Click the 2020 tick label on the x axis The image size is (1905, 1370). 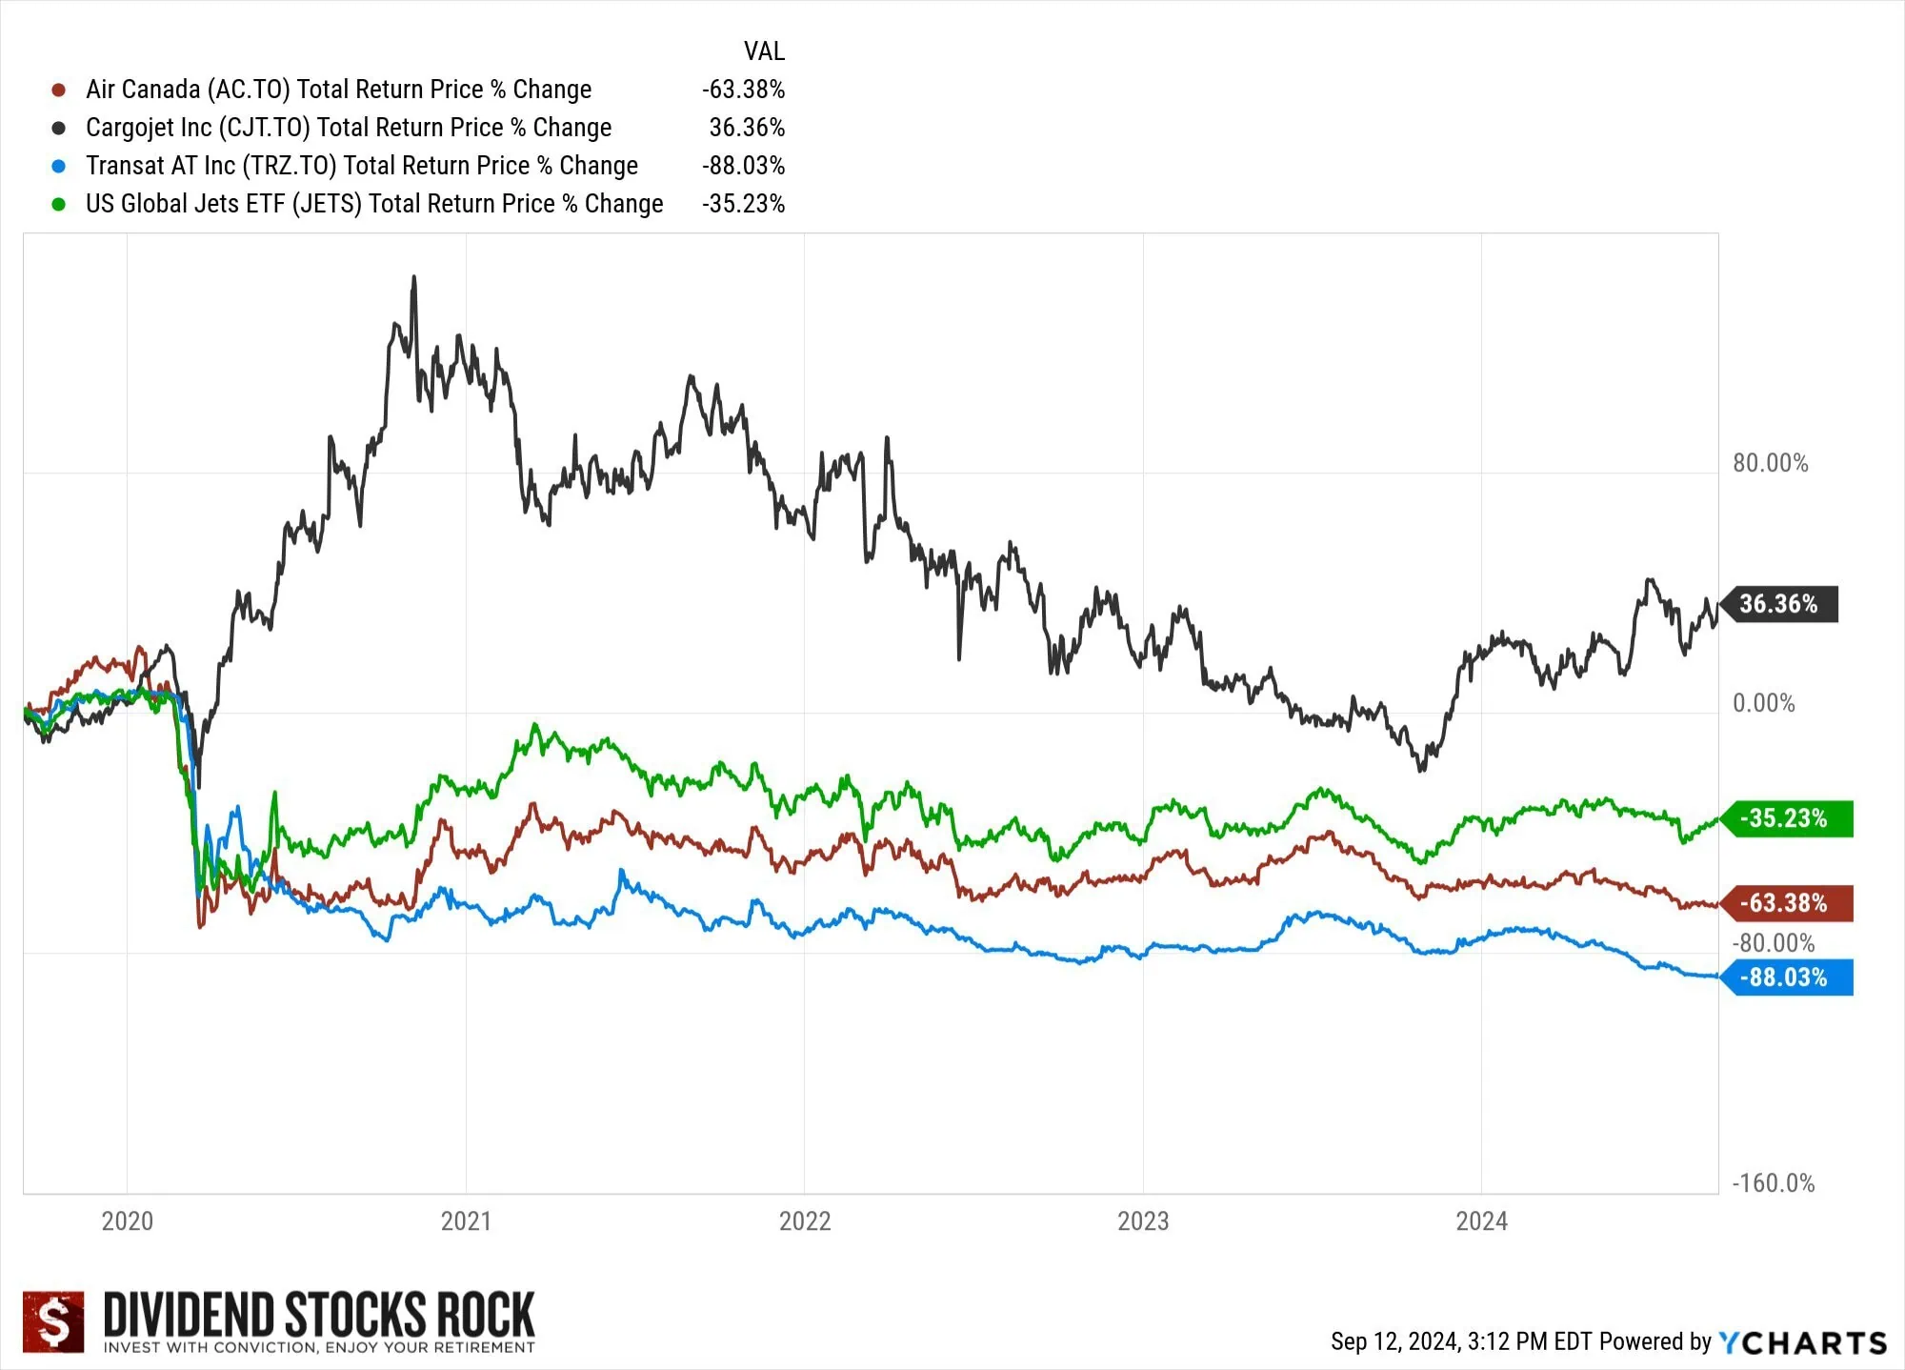tap(127, 1221)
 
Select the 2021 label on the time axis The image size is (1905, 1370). tap(466, 1221)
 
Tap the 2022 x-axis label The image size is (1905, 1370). tap(805, 1221)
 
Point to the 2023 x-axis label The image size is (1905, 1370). tap(1143, 1221)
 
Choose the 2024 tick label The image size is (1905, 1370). tap(1481, 1221)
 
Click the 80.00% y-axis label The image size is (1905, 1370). tap(1770, 464)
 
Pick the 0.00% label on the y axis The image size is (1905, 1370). tap(1763, 704)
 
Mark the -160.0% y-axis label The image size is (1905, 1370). tap(1773, 1183)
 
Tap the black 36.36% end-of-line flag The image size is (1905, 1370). tap(1779, 604)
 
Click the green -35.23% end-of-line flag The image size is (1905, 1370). tap(1785, 818)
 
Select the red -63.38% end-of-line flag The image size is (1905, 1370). tap(1785, 903)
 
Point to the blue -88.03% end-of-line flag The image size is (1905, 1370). tap(1785, 977)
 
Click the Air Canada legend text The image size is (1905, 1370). tap(338, 90)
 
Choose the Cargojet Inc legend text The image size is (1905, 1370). tap(349, 128)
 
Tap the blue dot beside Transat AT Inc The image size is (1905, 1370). tap(59, 166)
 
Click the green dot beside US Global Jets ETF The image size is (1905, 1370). tap(59, 204)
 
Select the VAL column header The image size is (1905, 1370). tap(764, 51)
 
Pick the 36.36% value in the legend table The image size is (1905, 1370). tap(747, 128)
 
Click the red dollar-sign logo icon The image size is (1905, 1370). tap(53, 1321)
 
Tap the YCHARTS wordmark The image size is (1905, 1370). tap(1802, 1342)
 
